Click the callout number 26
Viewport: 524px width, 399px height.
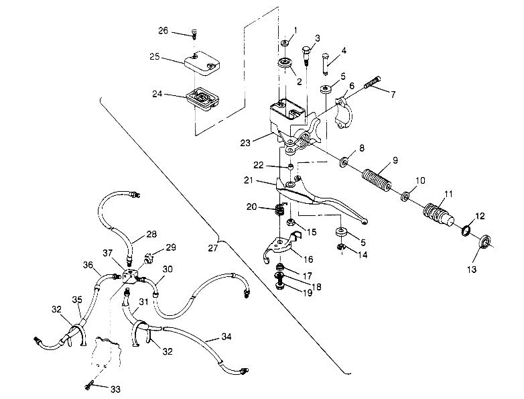[163, 31]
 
